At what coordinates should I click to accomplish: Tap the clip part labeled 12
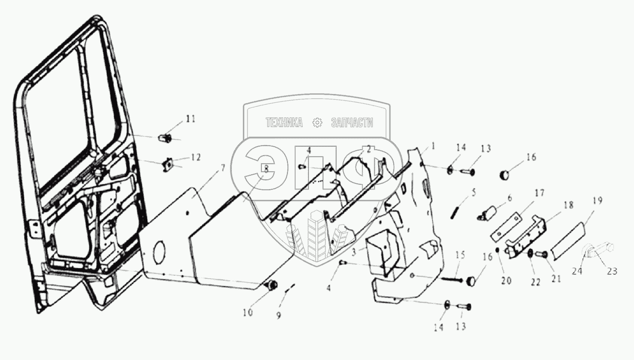[168, 163]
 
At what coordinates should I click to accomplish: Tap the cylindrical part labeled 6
[487, 212]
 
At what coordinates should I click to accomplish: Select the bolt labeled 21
[541, 255]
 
